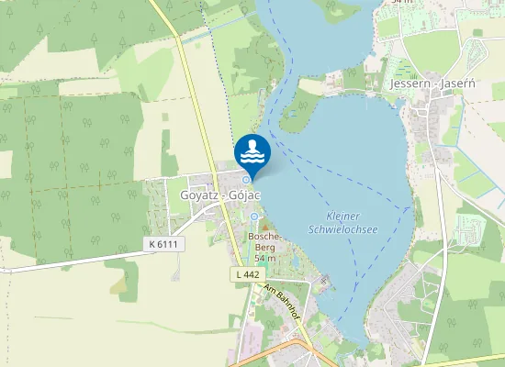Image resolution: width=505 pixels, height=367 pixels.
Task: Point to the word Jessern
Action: (409, 83)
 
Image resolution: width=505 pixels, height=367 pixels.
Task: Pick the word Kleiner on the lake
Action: (345, 216)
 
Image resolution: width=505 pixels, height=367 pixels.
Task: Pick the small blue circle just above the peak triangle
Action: (254, 217)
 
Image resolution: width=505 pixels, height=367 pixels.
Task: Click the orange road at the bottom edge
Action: (275, 352)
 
